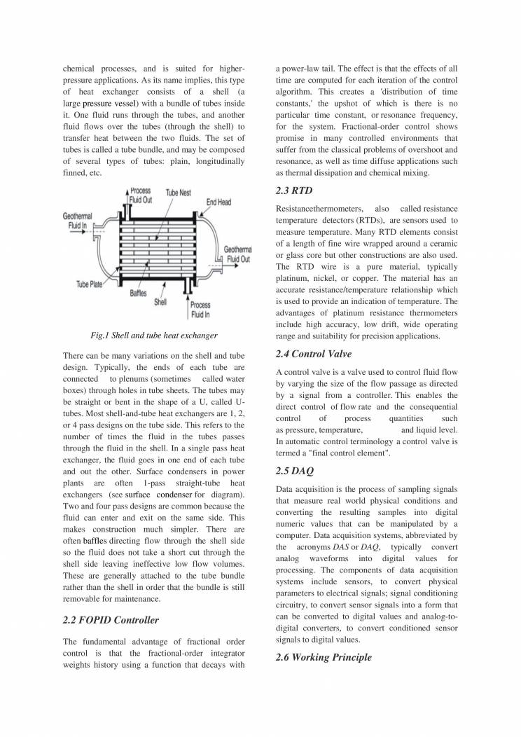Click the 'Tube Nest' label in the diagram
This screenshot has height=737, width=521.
pos(179,192)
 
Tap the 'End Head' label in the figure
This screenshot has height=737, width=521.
pos(218,202)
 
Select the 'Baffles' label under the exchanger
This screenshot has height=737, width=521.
pos(138,293)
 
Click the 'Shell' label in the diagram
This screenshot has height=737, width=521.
pos(160,302)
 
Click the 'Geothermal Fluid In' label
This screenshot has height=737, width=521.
pos(78,221)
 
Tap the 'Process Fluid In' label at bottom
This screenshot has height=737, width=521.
pos(200,310)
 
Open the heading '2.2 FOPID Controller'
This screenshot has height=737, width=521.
pos(111,619)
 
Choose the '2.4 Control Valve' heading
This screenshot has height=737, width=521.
pos(314,353)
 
